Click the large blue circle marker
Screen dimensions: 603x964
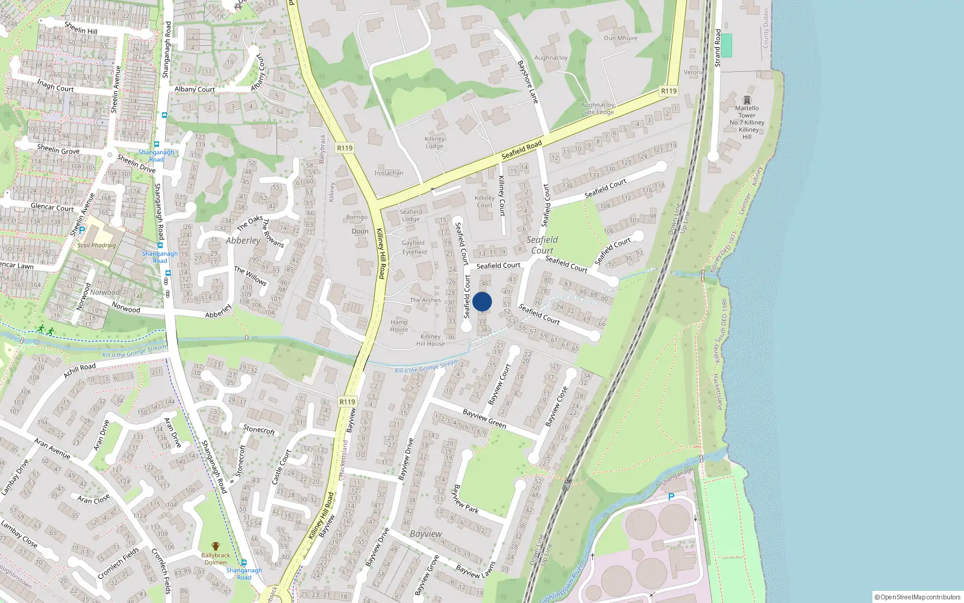482,301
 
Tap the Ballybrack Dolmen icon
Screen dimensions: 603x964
215,546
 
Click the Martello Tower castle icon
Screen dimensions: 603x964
747,99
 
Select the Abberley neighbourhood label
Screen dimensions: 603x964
243,241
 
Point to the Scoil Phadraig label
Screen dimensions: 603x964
96,245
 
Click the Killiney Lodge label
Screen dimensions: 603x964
434,142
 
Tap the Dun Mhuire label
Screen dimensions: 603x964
621,38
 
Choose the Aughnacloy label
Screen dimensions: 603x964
551,58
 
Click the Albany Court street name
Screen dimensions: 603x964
194,89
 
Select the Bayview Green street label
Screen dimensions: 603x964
484,418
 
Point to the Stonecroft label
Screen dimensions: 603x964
259,429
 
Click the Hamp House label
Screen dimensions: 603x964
399,326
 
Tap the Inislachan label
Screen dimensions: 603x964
389,173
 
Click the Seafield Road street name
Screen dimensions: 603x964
522,150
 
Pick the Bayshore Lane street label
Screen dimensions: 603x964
527,81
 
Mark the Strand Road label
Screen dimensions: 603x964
718,48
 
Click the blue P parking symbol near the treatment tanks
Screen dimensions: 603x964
671,497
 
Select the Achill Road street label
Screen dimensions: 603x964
80,370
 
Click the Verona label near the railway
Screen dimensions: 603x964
693,72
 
